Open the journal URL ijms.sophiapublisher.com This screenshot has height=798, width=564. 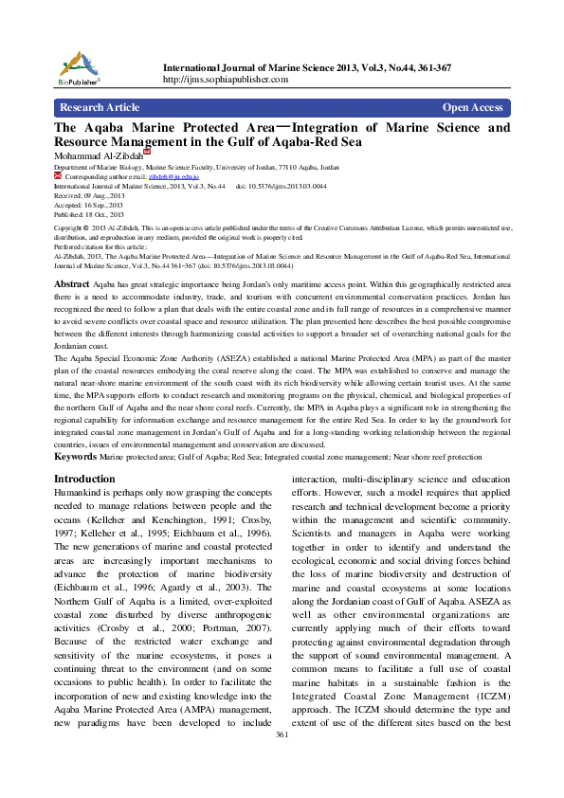(x=226, y=80)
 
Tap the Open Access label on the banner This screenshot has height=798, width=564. (x=472, y=107)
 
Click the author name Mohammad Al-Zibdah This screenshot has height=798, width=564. (x=98, y=155)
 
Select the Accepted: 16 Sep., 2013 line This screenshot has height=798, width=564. (x=88, y=205)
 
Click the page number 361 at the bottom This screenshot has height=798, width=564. (x=282, y=788)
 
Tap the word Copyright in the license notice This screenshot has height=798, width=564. (x=71, y=228)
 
